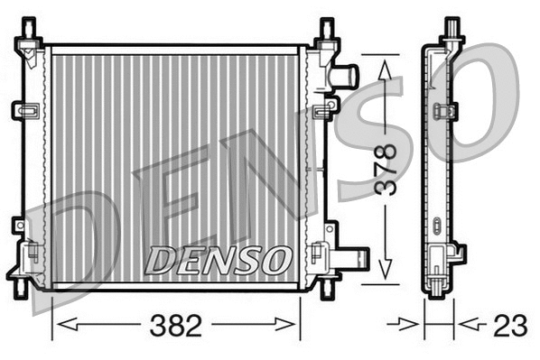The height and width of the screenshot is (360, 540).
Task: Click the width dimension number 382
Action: [177, 325]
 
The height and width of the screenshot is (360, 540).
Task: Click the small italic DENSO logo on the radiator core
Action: [219, 261]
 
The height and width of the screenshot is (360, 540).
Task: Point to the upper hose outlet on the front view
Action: [345, 75]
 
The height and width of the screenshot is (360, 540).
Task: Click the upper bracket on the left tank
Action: [24, 110]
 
